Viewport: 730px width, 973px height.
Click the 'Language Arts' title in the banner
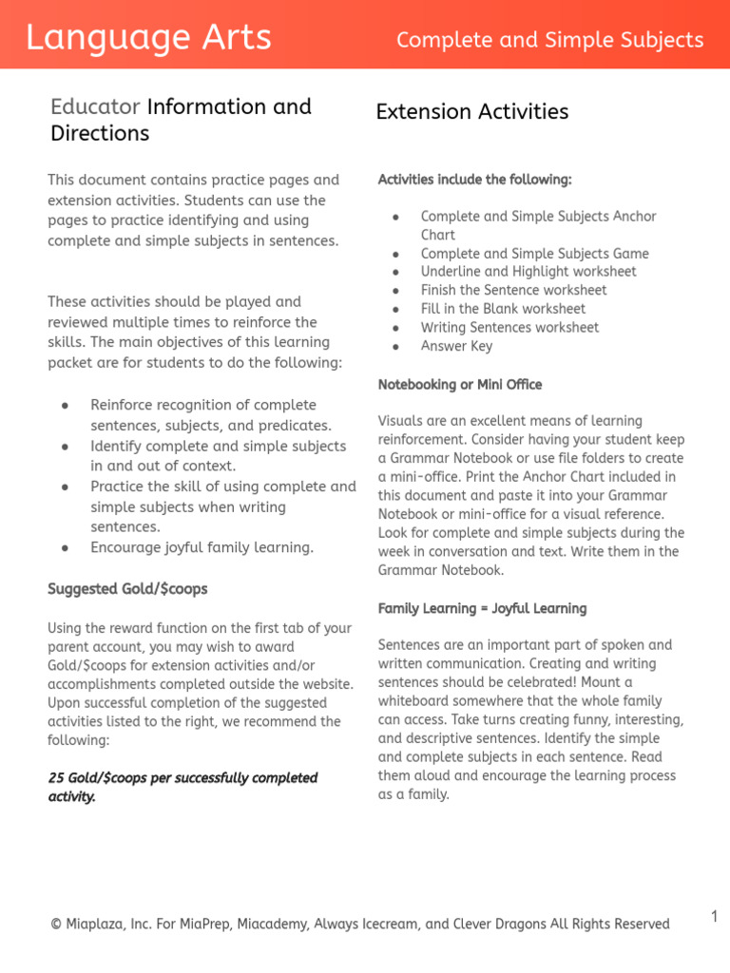[x=148, y=38]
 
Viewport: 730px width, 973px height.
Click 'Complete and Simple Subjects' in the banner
[x=549, y=40]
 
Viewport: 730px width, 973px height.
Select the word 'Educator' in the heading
[x=95, y=106]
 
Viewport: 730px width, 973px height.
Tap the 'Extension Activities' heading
[x=471, y=112]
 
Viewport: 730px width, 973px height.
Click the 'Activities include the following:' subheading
[x=474, y=180]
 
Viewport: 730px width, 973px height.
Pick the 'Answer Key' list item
[x=456, y=346]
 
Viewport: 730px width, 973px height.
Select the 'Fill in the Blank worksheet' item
[x=503, y=309]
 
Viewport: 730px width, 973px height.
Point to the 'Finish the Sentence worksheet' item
[x=513, y=291]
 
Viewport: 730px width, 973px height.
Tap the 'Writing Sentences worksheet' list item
[x=509, y=328]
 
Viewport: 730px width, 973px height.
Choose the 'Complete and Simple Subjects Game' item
[x=534, y=254]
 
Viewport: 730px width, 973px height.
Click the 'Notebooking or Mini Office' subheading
[x=460, y=385]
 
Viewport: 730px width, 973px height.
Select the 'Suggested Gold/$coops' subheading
[x=127, y=589]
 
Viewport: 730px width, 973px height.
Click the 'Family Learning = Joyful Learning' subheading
[x=482, y=608]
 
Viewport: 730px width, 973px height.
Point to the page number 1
[x=714, y=916]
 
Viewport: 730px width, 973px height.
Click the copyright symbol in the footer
[x=56, y=925]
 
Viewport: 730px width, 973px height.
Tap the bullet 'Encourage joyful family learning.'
[x=202, y=547]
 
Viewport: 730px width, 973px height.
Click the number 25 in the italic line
[x=56, y=778]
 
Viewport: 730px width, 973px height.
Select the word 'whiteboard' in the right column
[x=413, y=701]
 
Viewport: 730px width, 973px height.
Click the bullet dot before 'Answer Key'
[x=394, y=347]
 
